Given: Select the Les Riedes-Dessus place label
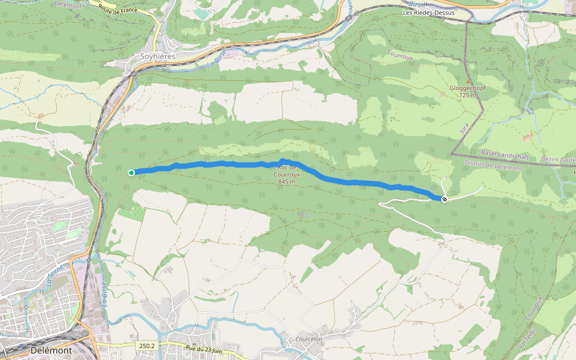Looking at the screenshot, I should (428, 13).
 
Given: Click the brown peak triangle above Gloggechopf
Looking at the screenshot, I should (468, 81).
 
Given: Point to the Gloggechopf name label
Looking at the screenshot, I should (467, 88).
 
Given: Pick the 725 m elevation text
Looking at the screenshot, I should (467, 95).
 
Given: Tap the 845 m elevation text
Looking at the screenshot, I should (287, 181).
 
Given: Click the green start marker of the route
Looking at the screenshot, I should (131, 173).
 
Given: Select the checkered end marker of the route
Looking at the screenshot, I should (445, 199).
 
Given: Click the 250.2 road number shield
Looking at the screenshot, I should (146, 346).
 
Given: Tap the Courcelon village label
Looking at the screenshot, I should (309, 339).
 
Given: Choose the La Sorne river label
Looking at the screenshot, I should (53, 273).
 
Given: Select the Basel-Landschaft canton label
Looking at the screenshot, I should (505, 156).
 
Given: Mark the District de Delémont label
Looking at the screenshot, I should (493, 166).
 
